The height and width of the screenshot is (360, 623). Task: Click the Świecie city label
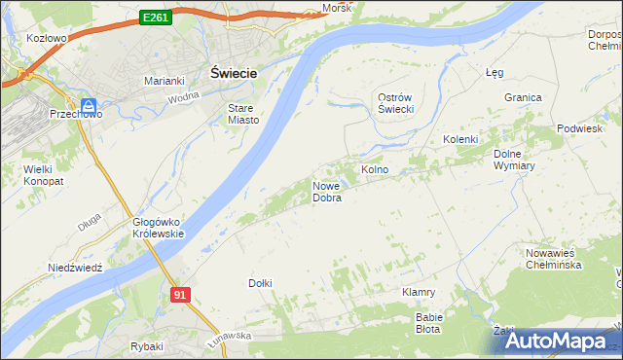coord(234,72)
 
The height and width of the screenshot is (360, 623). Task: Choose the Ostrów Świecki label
coord(396,103)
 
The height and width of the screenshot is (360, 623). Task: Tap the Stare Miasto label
coord(242,114)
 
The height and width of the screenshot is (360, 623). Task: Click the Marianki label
coord(165,81)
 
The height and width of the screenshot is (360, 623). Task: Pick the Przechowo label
coord(69,114)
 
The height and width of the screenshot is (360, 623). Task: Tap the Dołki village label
coord(260,283)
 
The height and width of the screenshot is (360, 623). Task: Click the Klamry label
coord(419,292)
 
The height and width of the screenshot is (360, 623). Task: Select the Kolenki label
coord(460,139)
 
